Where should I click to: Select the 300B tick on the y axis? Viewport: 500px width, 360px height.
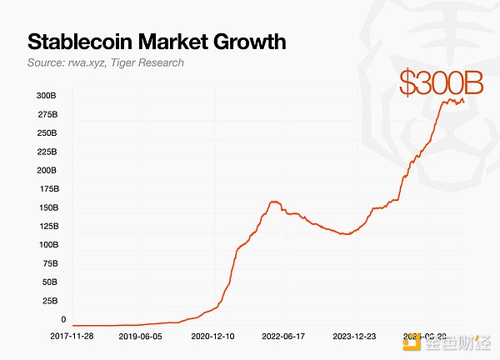tap(46, 96)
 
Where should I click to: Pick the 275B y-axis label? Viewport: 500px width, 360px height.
tap(46, 114)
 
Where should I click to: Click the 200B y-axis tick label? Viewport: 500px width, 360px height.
tap(46, 170)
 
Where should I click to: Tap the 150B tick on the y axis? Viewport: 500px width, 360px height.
tap(46, 207)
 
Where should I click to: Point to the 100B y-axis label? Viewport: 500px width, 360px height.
tap(46, 245)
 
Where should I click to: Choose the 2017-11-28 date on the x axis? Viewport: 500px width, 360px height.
tap(72, 337)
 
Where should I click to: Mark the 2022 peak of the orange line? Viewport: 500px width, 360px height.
tap(274, 202)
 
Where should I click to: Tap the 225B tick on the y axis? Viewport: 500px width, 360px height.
tap(46, 152)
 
